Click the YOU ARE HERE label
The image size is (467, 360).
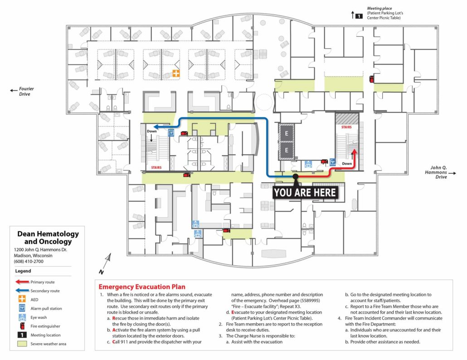tap(305, 192)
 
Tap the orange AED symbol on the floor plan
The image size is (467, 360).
tap(176, 73)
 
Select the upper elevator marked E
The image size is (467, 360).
tap(287, 133)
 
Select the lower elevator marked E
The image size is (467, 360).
tap(287, 151)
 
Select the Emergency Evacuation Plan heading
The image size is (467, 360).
tap(142, 287)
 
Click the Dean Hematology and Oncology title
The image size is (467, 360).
tap(48, 238)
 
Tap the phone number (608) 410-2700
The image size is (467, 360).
tap(29, 262)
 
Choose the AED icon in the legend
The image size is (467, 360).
tap(22, 299)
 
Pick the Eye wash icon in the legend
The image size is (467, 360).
tap(22, 317)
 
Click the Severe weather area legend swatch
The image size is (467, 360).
tap(22, 344)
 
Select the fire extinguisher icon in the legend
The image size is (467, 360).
tap(22, 326)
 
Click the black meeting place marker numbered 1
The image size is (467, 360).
tap(359, 16)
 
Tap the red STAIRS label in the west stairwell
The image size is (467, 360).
tap(156, 167)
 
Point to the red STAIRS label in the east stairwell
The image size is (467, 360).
tap(346, 127)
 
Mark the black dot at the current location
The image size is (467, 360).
tap(295, 176)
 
